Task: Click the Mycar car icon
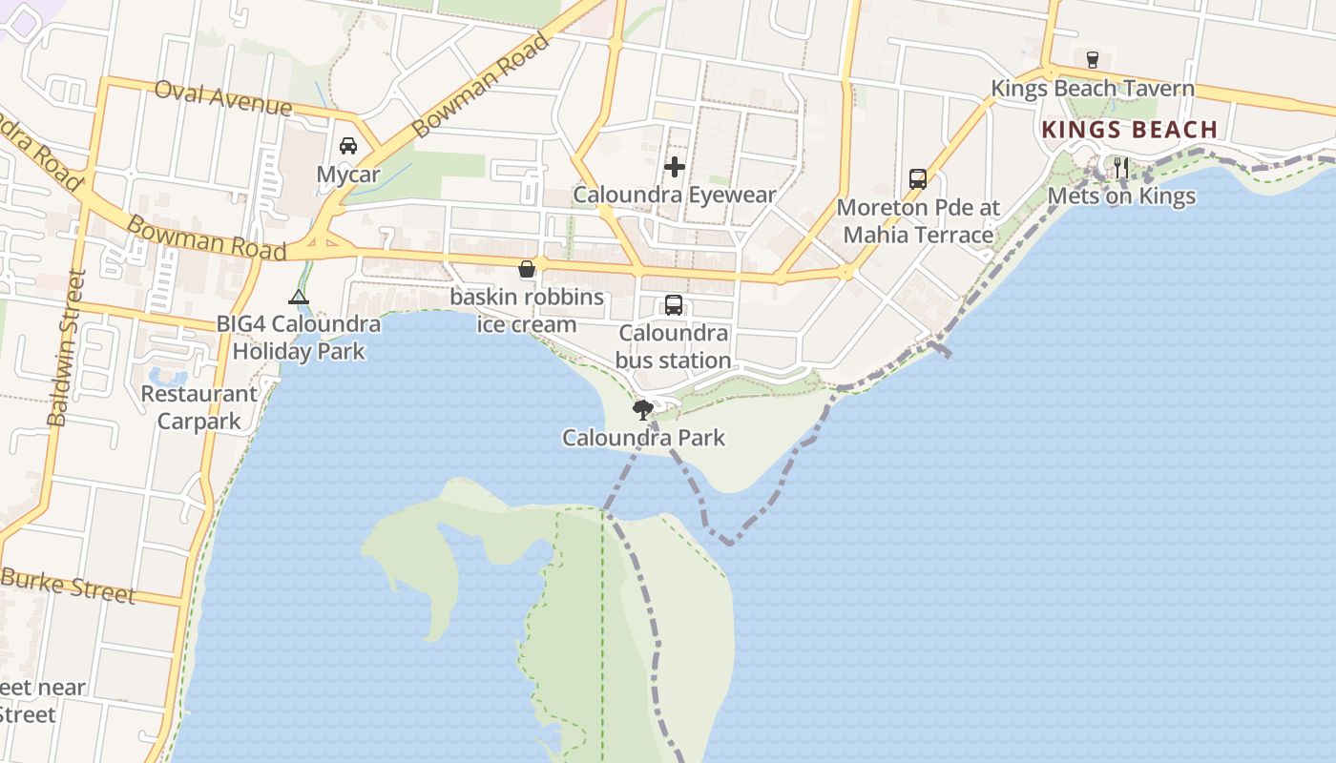tap(348, 146)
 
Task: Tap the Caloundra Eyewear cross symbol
tap(675, 167)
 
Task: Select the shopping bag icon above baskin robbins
tap(526, 269)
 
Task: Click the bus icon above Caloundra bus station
tap(674, 305)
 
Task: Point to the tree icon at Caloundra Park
tap(643, 410)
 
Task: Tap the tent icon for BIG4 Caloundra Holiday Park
tap(299, 297)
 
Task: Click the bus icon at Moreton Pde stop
tap(918, 178)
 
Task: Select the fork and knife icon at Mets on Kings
tap(1121, 168)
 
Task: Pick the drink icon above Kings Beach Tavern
tap(1093, 59)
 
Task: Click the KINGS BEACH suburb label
tap(1130, 130)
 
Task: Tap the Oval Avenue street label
tap(222, 96)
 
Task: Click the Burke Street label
tap(68, 585)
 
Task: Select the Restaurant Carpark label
tap(198, 407)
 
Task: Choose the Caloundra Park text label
tap(643, 438)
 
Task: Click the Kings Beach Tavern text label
tap(1092, 89)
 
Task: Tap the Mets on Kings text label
tap(1121, 196)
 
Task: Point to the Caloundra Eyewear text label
tap(675, 196)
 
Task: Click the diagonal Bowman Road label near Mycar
tap(481, 85)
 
